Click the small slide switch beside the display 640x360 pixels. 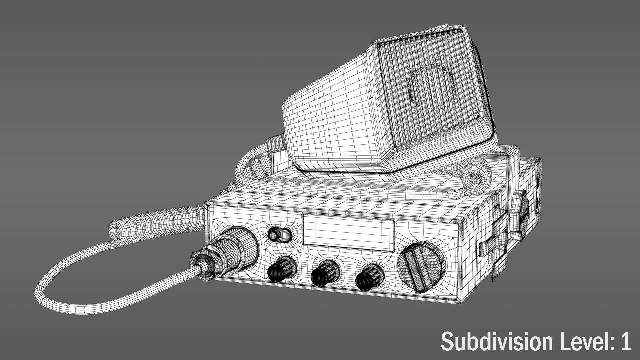279,235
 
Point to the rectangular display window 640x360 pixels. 348,232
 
